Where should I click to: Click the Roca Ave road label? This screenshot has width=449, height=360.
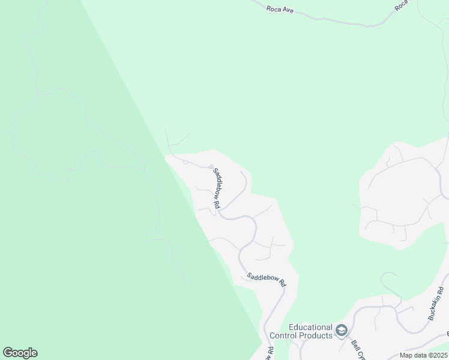pos(280,10)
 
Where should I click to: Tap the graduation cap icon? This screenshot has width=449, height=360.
pos(342,331)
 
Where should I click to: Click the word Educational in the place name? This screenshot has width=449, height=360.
pos(310,327)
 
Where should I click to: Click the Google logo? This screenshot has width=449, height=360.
pos(20,353)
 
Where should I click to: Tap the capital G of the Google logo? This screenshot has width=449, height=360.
pos(7,352)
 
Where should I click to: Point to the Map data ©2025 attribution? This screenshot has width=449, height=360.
pos(423,355)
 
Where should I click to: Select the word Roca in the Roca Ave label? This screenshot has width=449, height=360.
pos(274,8)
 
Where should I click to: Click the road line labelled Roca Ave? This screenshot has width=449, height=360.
pos(336,22)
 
